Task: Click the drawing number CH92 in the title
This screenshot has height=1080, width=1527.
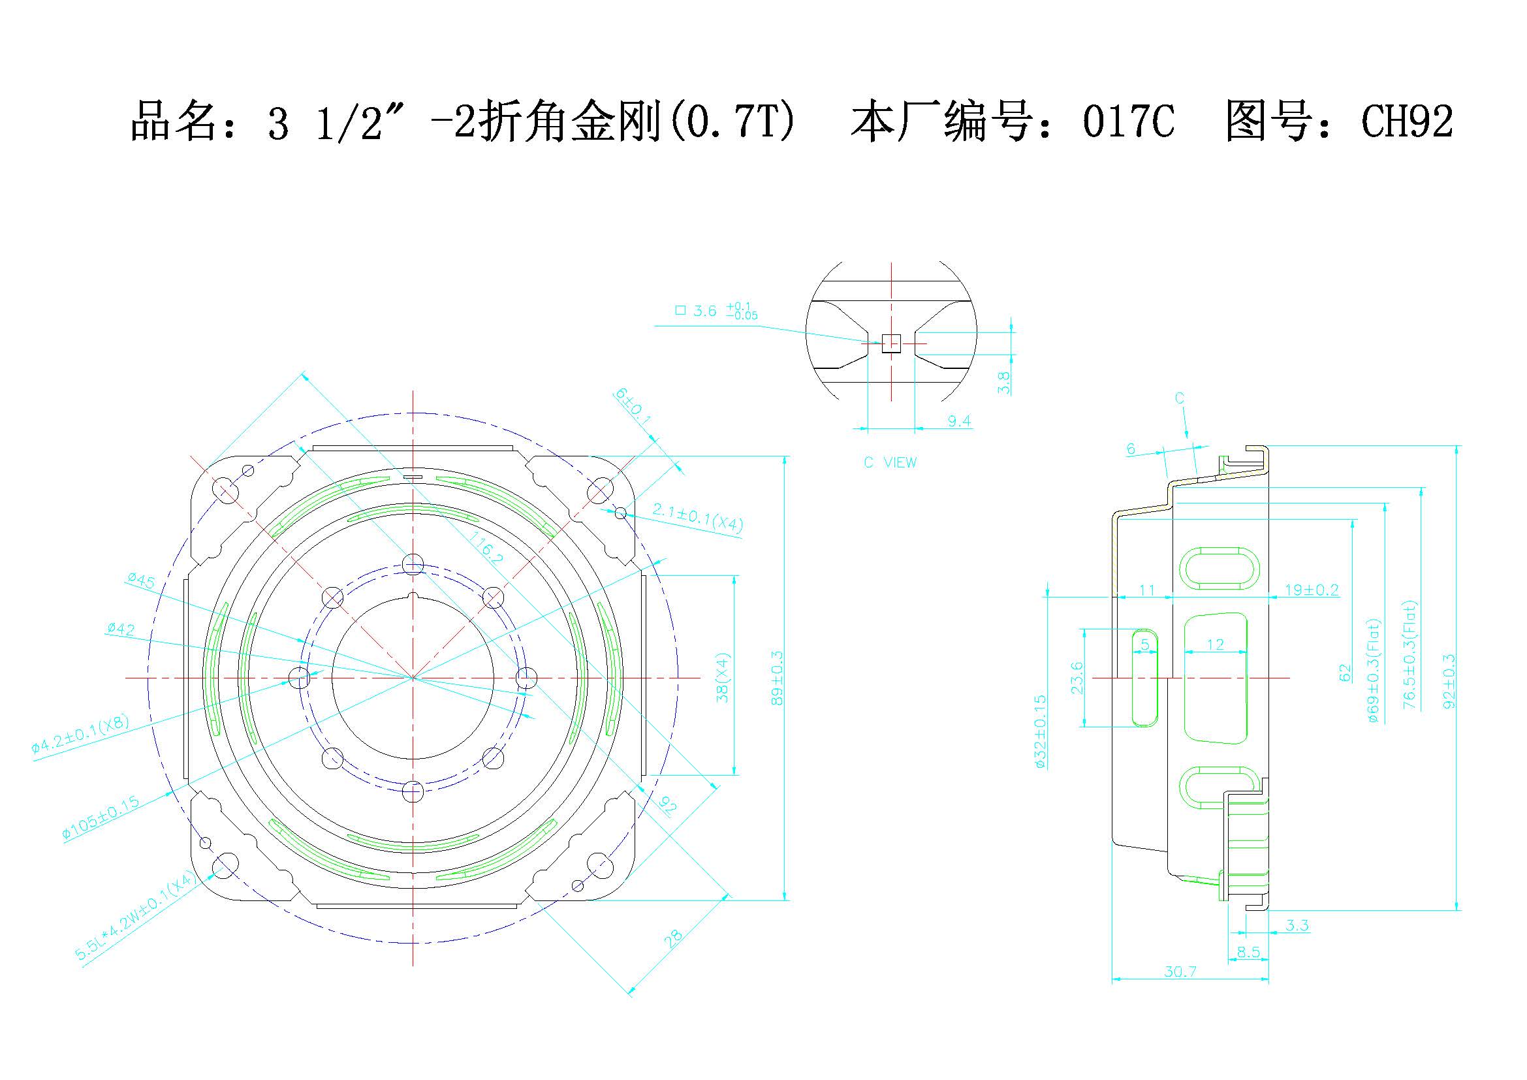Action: tap(1408, 121)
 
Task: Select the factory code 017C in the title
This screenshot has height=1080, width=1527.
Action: tap(1128, 121)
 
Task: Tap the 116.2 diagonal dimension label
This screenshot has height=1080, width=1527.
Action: tap(486, 547)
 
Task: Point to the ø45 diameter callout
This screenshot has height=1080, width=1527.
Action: tap(141, 580)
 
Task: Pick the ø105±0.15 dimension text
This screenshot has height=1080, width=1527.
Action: tap(101, 817)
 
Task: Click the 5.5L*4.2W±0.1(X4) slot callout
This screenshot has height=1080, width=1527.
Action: tap(136, 917)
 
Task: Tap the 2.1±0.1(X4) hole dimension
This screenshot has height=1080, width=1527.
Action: tap(697, 517)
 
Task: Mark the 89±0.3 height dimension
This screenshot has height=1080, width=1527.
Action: tap(778, 678)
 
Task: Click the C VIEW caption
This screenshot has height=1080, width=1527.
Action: tap(890, 462)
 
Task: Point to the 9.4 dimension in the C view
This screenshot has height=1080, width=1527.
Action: tap(958, 421)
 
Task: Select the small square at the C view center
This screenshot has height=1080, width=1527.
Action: tap(890, 343)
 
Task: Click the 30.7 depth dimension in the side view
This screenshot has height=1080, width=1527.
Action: tap(1180, 972)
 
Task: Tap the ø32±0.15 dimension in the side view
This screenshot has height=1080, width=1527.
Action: tap(1041, 731)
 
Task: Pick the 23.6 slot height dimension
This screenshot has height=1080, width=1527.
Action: tap(1077, 678)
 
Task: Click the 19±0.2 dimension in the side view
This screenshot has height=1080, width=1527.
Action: tap(1311, 590)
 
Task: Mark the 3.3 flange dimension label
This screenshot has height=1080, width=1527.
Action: tap(1297, 925)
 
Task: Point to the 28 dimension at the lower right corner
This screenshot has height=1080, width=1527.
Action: tap(673, 938)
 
